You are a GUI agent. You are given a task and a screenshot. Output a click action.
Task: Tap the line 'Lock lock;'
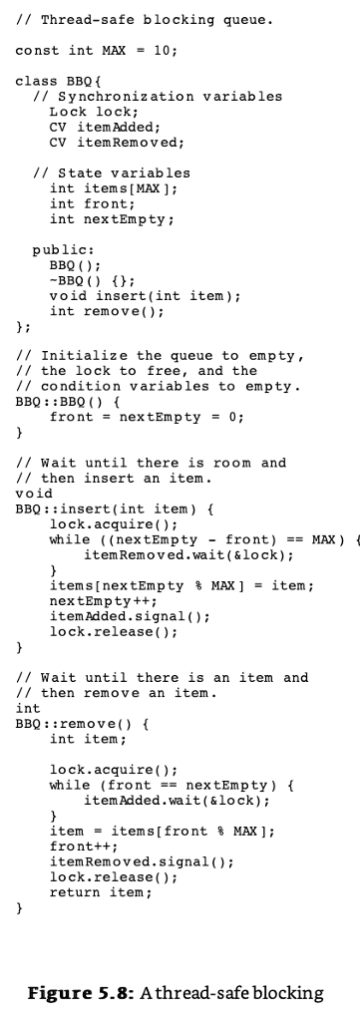click(x=88, y=112)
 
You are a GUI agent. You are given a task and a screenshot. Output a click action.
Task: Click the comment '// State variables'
click(x=111, y=173)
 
